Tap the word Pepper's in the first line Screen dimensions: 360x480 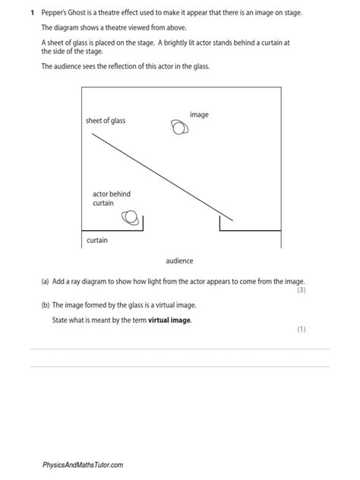(x=56, y=13)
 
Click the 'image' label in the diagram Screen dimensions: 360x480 (x=199, y=115)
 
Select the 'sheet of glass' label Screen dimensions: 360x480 (x=106, y=121)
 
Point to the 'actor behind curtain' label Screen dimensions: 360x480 (x=106, y=199)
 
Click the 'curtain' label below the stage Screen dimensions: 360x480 (x=96, y=240)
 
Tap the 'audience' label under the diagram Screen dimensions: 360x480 (x=179, y=261)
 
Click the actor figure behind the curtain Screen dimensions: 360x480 (x=132, y=219)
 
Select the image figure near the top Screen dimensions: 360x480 (x=180, y=127)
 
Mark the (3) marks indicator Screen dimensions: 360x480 (x=301, y=290)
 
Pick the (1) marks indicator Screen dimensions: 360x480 (x=301, y=330)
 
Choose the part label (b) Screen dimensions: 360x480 (x=46, y=305)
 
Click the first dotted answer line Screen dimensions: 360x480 (x=179, y=349)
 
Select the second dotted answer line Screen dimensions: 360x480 (x=179, y=366)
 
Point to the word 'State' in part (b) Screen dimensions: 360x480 (x=61, y=321)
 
